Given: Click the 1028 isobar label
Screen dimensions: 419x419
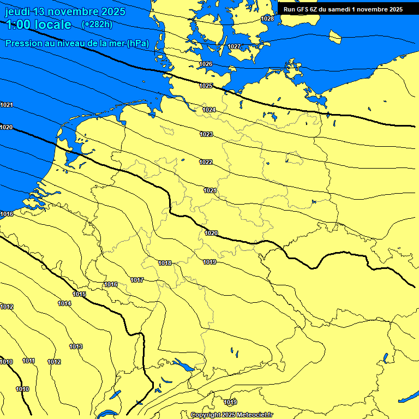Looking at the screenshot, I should pyautogui.click(x=267, y=19).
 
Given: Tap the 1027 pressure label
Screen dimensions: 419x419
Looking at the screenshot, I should pyautogui.click(x=234, y=46).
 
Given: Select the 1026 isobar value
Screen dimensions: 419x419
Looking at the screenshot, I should pyautogui.click(x=206, y=64).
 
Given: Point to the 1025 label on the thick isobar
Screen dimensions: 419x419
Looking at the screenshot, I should pyautogui.click(x=206, y=86).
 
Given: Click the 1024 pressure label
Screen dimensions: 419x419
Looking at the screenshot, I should pyautogui.click(x=209, y=110).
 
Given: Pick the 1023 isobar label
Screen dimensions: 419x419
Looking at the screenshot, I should pyautogui.click(x=206, y=134).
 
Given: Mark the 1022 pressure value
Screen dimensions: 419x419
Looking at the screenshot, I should pyautogui.click(x=206, y=162).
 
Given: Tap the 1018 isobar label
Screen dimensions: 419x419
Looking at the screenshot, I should pyautogui.click(x=165, y=263).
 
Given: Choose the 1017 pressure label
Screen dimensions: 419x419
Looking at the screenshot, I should pyautogui.click(x=137, y=280).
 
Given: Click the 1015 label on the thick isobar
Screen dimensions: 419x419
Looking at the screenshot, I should pyautogui.click(x=79, y=294).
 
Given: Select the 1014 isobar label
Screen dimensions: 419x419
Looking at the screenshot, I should pyautogui.click(x=64, y=303).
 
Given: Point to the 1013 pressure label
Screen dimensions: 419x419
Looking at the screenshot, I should pyautogui.click(x=76, y=346).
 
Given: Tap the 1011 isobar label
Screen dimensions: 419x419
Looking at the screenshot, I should pyautogui.click(x=29, y=361).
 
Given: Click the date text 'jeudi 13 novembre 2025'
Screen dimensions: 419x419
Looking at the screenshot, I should pyautogui.click(x=65, y=11).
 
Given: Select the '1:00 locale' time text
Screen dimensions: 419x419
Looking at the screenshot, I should pyautogui.click(x=38, y=25).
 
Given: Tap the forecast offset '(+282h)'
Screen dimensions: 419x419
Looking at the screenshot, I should pyautogui.click(x=97, y=25).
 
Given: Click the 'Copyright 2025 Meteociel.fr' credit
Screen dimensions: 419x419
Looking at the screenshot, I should pyautogui.click(x=232, y=415).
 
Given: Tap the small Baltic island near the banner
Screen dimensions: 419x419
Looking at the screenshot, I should pyautogui.click(x=335, y=36).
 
